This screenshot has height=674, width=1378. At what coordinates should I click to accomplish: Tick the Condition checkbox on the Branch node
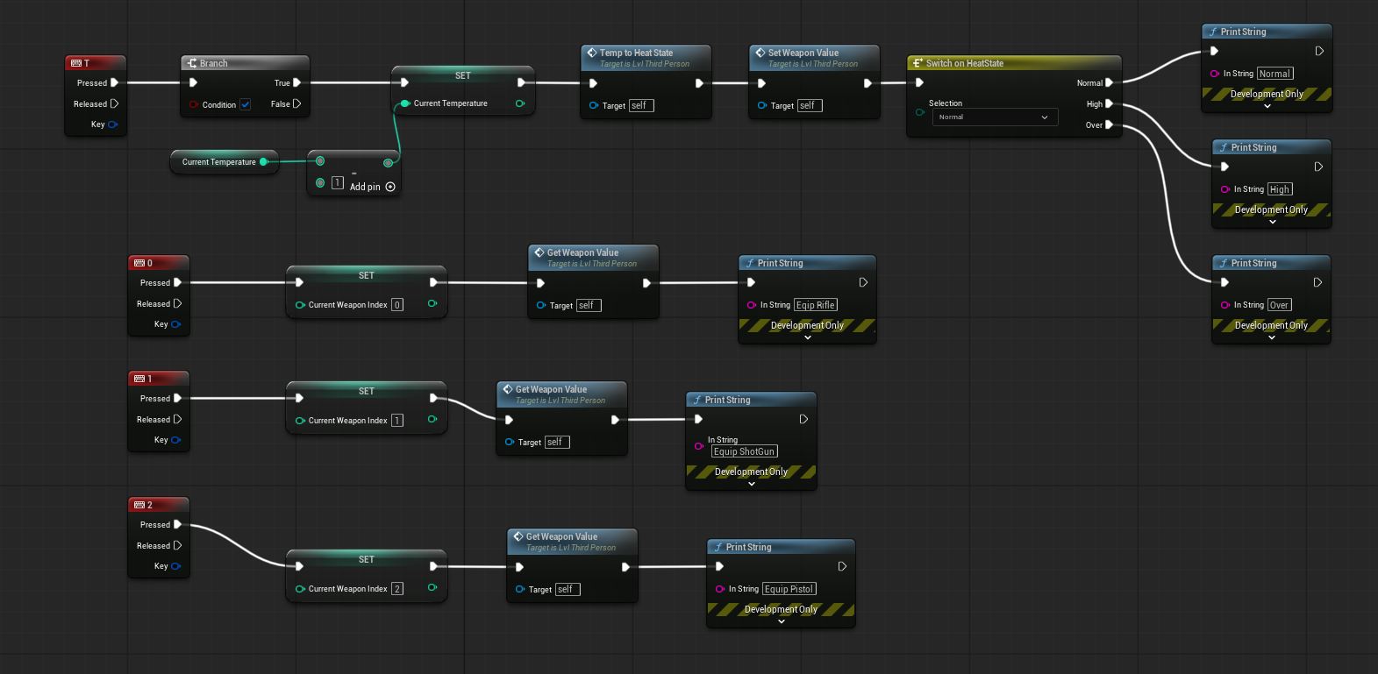pyautogui.click(x=246, y=104)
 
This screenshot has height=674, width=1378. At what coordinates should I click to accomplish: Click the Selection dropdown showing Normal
pyautogui.click(x=995, y=117)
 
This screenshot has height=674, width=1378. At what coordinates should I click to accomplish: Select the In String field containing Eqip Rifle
pyautogui.click(x=815, y=305)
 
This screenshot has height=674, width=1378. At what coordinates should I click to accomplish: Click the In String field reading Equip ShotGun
pyautogui.click(x=744, y=451)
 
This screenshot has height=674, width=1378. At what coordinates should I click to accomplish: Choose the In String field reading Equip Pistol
pyautogui.click(x=789, y=589)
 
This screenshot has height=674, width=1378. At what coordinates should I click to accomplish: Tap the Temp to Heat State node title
pyautogui.click(x=636, y=53)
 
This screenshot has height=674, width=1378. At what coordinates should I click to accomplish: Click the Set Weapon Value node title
pyautogui.click(x=803, y=53)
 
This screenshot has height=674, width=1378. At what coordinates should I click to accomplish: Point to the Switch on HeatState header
pyautogui.click(x=1014, y=63)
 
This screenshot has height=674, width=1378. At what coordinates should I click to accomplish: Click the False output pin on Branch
pyautogui.click(x=297, y=104)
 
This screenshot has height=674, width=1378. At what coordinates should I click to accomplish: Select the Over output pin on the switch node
pyautogui.click(x=1110, y=124)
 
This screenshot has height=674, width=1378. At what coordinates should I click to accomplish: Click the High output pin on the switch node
pyautogui.click(x=1110, y=104)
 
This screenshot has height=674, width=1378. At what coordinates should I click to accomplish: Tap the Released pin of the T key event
pyautogui.click(x=114, y=104)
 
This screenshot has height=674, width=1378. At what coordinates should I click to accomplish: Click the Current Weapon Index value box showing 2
pyautogui.click(x=397, y=589)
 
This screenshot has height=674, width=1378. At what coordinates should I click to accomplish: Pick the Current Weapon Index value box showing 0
pyautogui.click(x=397, y=305)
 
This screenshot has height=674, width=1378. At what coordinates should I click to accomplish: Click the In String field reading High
pyautogui.click(x=1280, y=189)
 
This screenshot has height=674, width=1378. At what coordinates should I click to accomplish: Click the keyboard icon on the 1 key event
pyautogui.click(x=139, y=379)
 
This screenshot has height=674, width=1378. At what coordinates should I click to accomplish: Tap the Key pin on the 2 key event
pyautogui.click(x=176, y=566)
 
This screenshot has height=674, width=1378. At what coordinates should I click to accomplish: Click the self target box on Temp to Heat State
pyautogui.click(x=641, y=106)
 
